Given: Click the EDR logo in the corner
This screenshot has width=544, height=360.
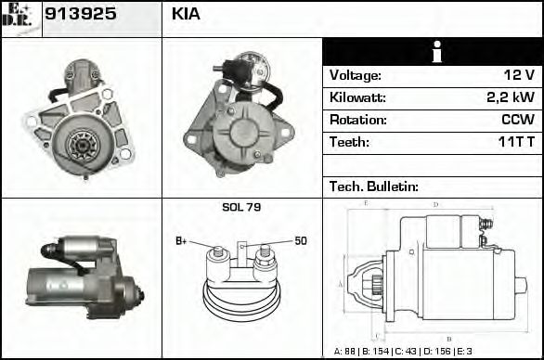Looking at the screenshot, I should pyautogui.click(x=19, y=18).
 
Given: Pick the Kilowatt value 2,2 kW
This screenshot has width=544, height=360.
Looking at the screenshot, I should pyautogui.click(x=510, y=97).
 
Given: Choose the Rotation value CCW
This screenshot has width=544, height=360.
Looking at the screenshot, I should pyautogui.click(x=517, y=120).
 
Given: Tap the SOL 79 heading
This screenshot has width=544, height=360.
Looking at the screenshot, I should pyautogui.click(x=241, y=207).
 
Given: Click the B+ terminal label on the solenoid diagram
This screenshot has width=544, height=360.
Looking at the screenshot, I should pyautogui.click(x=182, y=242).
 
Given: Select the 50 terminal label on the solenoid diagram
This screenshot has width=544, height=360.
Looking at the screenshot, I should pyautogui.click(x=301, y=241).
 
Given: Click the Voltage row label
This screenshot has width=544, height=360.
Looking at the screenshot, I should pyautogui.click(x=355, y=75).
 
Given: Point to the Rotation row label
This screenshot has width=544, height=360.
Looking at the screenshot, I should pyautogui.click(x=356, y=120).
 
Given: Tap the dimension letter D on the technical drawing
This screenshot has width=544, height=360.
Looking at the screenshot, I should pyautogui.click(x=436, y=204).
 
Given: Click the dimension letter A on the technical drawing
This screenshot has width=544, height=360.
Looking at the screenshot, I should pyautogui.click(x=340, y=282).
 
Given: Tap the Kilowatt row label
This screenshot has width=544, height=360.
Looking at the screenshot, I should pyautogui.click(x=357, y=97).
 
